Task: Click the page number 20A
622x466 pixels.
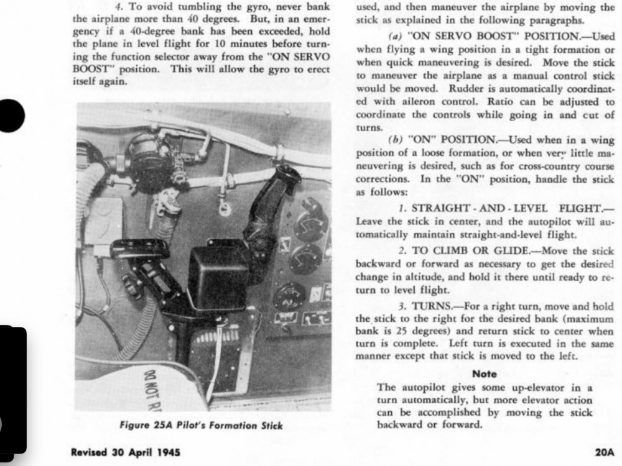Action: point(603,452)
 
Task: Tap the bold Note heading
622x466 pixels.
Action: point(485,374)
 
